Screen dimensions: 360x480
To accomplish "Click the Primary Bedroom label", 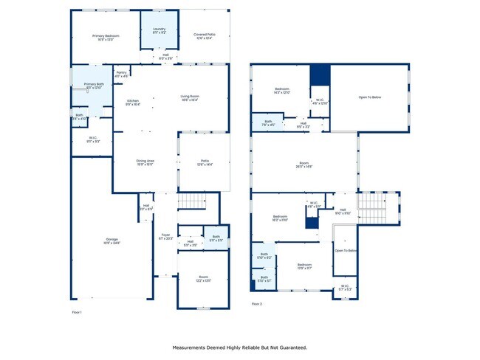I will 106,38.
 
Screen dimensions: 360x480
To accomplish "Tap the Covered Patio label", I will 205,36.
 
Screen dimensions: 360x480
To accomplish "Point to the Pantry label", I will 122,75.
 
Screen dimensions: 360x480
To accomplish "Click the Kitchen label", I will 133,103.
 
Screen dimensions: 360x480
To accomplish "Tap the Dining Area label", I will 145,162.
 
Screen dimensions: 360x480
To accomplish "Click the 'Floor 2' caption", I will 256,304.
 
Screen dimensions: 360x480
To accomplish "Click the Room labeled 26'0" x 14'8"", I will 304,166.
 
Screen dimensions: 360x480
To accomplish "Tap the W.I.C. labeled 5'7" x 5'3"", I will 345,288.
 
